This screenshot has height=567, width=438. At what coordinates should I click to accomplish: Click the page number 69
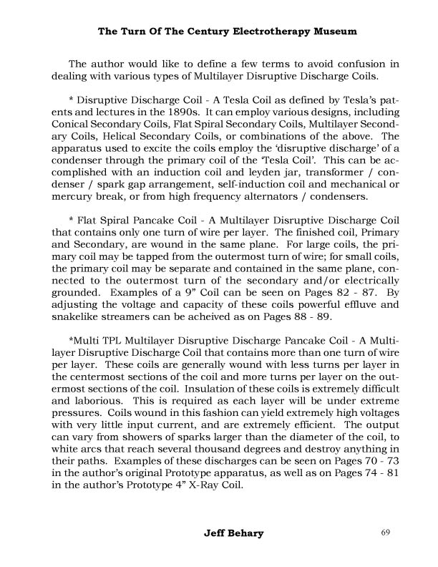(x=387, y=533)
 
